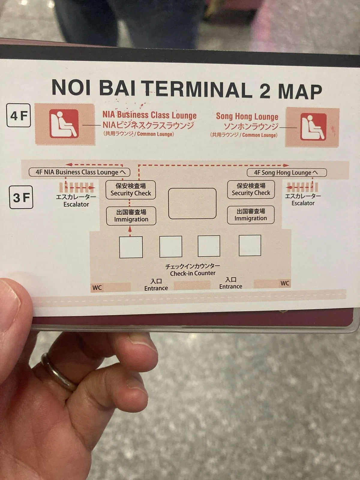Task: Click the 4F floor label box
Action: click(x=19, y=115)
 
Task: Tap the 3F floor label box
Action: click(x=21, y=197)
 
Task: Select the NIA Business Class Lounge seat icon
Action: click(x=64, y=124)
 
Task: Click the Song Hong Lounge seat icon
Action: click(x=313, y=127)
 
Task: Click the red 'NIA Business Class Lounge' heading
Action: click(x=149, y=115)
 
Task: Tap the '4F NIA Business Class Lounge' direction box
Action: click(x=79, y=172)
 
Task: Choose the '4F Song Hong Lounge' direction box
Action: click(x=286, y=172)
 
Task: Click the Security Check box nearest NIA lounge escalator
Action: click(x=131, y=190)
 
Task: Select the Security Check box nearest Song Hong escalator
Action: click(x=251, y=190)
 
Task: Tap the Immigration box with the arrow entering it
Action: click(x=131, y=216)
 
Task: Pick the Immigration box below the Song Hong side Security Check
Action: click(x=251, y=215)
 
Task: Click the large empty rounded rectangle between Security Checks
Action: click(x=192, y=203)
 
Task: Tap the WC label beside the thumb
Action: click(x=97, y=288)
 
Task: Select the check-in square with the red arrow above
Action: click(x=131, y=247)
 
